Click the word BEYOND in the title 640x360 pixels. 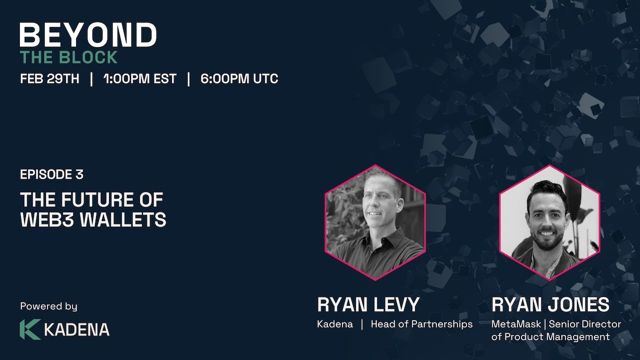pos(88,35)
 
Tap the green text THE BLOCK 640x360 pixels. pos(69,57)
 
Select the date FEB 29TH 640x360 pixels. pos(49,79)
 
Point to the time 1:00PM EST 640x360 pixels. pos(140,79)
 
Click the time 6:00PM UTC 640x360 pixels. pos(239,79)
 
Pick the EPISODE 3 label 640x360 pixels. pos(51,174)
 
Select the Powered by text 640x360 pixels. pos(48,306)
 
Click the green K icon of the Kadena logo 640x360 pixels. pos(29,329)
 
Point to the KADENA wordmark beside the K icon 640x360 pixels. pos(76,330)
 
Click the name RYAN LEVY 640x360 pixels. pos(368,304)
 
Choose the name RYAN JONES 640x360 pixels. pos(550,304)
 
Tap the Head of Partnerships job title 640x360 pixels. pos(421,324)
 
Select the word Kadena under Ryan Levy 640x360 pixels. pos(334,324)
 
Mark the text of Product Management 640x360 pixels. pos(550,336)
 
